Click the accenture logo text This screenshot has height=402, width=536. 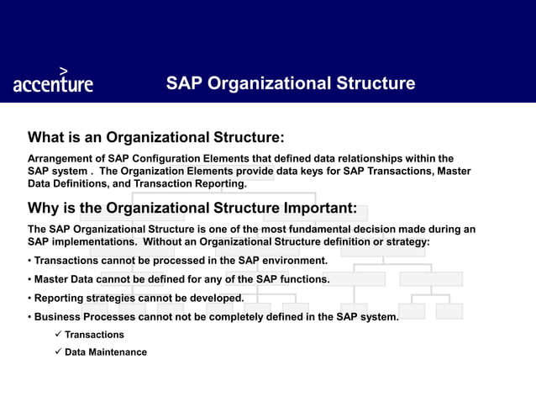point(53,85)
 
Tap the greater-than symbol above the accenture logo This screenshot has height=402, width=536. point(64,71)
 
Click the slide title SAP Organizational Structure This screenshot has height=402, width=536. point(291,83)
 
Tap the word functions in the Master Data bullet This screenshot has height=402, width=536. point(299,279)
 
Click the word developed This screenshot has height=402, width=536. point(215,298)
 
